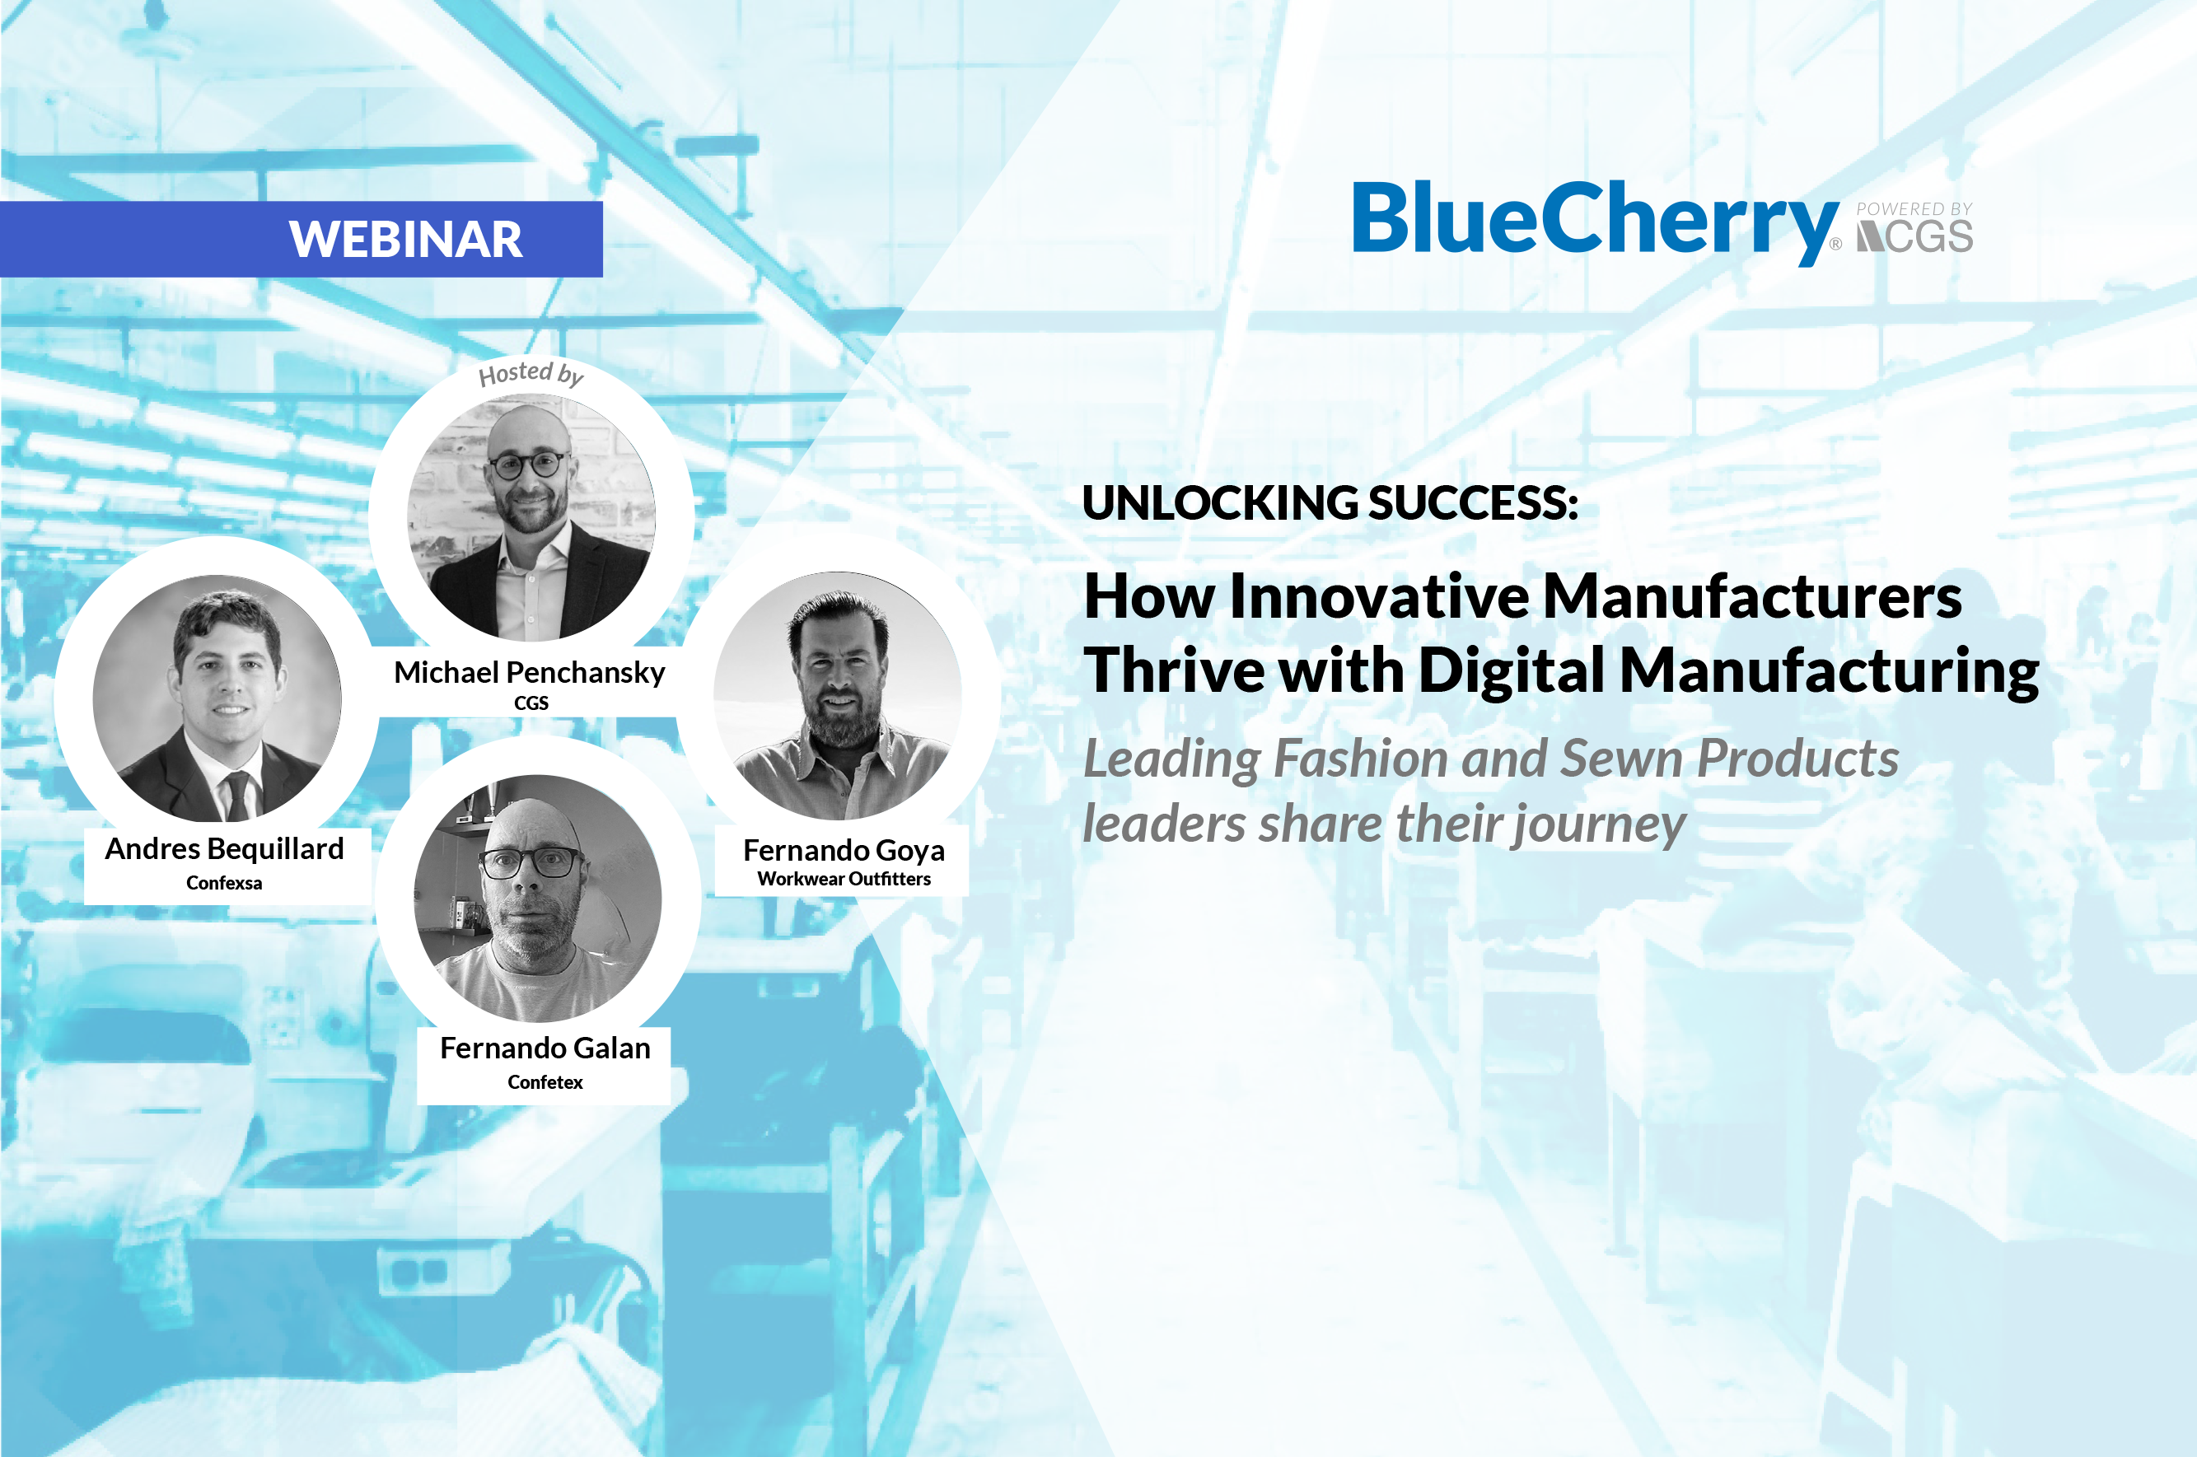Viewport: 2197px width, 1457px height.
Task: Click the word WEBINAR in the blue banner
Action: pyautogui.click(x=405, y=240)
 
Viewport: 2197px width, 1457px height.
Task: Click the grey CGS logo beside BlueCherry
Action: pyautogui.click(x=1914, y=237)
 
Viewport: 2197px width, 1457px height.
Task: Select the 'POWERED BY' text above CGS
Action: pyautogui.click(x=1914, y=209)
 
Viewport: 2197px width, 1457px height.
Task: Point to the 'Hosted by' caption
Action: pyautogui.click(x=531, y=374)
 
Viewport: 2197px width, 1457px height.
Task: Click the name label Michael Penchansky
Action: pyautogui.click(x=530, y=672)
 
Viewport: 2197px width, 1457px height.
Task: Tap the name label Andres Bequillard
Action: pyautogui.click(x=224, y=848)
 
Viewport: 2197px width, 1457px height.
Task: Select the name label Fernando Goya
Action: pyautogui.click(x=844, y=850)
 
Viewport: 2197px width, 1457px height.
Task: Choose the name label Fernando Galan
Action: pyautogui.click(x=545, y=1048)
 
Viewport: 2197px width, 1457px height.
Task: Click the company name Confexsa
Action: pyautogui.click(x=224, y=883)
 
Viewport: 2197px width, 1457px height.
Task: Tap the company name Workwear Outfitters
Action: pyautogui.click(x=844, y=879)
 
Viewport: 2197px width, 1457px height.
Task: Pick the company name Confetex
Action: pyautogui.click(x=545, y=1082)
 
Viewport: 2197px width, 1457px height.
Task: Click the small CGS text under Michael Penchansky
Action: pyautogui.click(x=531, y=703)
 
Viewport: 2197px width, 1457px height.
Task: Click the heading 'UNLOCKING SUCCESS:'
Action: pyautogui.click(x=1330, y=502)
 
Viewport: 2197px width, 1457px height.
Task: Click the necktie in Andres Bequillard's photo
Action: pyautogui.click(x=237, y=796)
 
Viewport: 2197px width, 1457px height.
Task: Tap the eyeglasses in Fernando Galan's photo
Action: pyautogui.click(x=531, y=863)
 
